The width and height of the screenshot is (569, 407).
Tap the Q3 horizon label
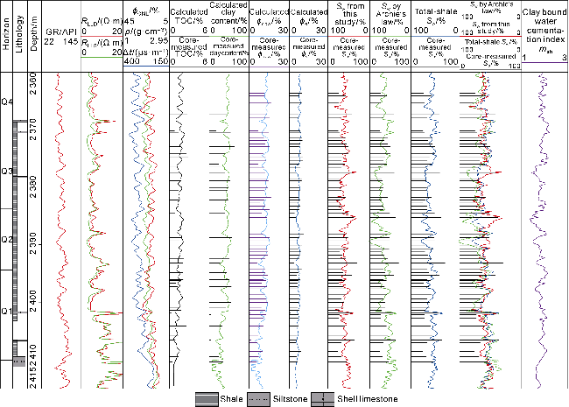(x=7, y=171)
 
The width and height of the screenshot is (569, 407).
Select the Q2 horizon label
(x=7, y=239)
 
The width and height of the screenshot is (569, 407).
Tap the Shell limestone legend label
(x=371, y=398)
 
